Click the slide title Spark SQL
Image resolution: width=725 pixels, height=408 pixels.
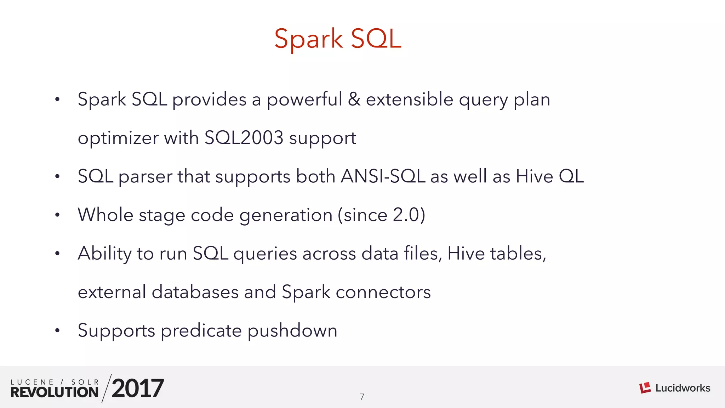[x=338, y=39]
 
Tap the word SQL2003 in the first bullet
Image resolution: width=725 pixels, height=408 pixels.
[x=244, y=138]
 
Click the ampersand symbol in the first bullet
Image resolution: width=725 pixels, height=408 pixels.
[x=354, y=99]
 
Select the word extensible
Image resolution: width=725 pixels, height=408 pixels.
[x=410, y=99]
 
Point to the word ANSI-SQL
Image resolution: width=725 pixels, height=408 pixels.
[x=383, y=176]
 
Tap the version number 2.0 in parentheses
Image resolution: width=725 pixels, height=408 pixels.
[x=406, y=215]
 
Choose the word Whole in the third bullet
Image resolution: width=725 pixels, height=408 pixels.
[x=105, y=215]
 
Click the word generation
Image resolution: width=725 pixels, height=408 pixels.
[x=286, y=216]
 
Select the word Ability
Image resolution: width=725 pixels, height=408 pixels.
[x=105, y=254]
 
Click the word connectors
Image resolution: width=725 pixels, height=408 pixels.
[x=383, y=292]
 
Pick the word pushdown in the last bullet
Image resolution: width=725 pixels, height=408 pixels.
[x=292, y=331]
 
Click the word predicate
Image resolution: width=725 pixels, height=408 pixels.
[x=201, y=331]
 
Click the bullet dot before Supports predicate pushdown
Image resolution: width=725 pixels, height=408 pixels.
[x=57, y=331]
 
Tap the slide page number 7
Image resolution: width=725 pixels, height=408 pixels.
[x=362, y=397]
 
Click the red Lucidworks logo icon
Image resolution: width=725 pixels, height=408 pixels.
[x=645, y=388]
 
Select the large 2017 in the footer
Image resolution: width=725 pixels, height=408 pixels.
[x=138, y=388]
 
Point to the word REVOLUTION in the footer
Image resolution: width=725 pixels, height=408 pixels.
[x=55, y=392]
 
